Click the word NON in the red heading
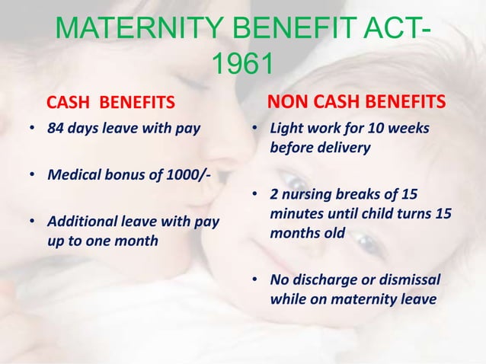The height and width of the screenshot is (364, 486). click(287, 101)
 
